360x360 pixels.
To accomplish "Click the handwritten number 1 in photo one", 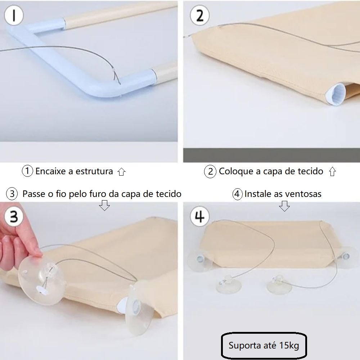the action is click(x=14, y=15).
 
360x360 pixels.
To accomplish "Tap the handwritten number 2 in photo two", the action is click(x=200, y=15).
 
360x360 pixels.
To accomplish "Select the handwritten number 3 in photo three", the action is click(x=14, y=216).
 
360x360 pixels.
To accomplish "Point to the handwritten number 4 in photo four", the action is click(x=199, y=216).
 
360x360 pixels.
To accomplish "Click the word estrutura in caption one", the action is click(x=94, y=171).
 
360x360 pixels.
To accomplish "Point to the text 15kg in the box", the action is click(x=289, y=345).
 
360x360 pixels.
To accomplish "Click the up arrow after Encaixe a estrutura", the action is click(x=121, y=172).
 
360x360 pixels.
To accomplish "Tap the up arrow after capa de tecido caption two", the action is click(x=332, y=171).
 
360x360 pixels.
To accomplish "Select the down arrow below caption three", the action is click(x=104, y=205).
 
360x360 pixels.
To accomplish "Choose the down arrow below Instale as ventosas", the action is click(x=284, y=206).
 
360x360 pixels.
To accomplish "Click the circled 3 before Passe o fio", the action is click(x=12, y=194).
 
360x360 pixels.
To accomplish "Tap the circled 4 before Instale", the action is click(x=237, y=194).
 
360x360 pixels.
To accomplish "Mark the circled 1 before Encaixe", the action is click(x=27, y=171).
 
